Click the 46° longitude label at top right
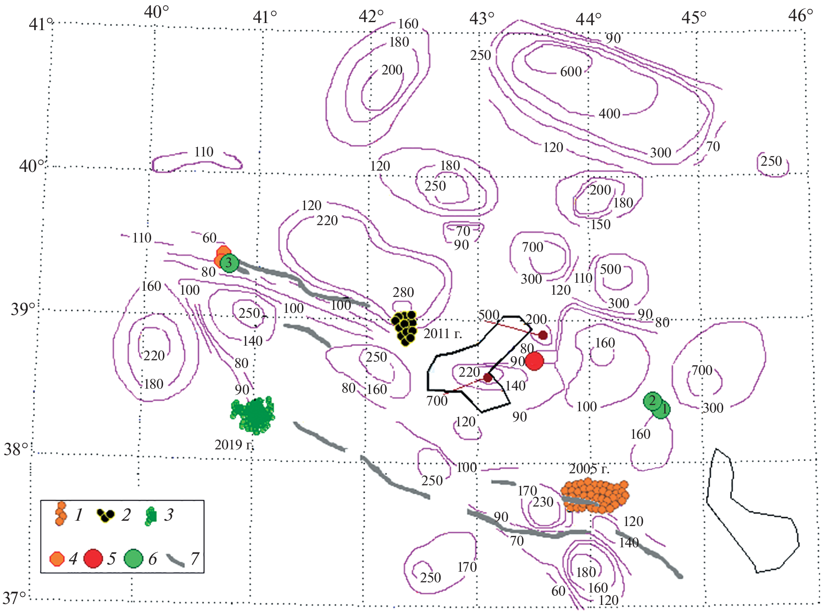coord(800,16)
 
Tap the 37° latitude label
coord(14,598)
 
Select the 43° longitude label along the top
coord(481,19)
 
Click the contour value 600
coord(571,71)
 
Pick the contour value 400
coord(609,114)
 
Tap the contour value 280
coord(403,292)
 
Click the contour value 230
coord(543,502)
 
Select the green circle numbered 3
coord(229,263)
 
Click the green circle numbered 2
coord(652,401)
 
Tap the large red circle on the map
coord(534,361)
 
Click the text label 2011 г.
coord(442,334)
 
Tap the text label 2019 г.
coord(234,445)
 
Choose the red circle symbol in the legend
coord(93,558)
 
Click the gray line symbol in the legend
coord(175,560)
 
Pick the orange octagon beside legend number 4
coord(57,559)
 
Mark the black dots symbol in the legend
coord(105,515)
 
